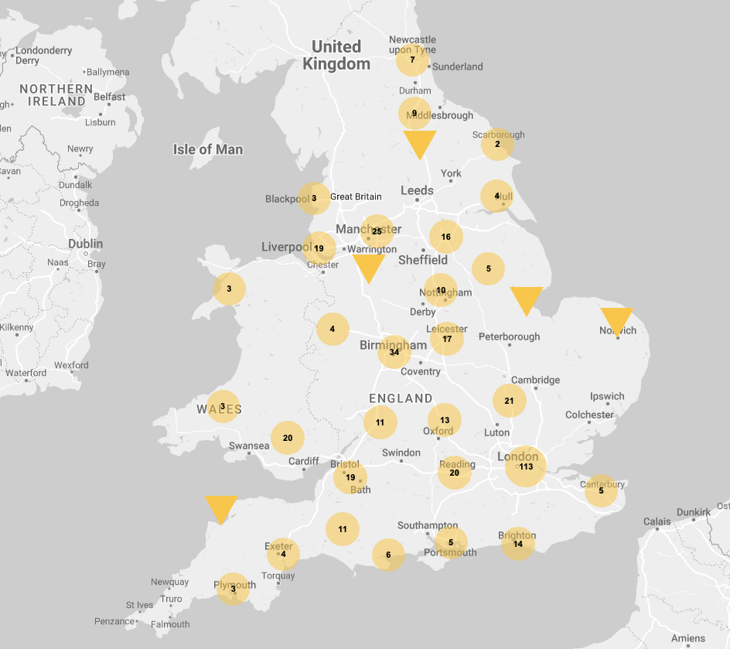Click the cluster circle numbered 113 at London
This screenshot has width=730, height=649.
click(x=526, y=466)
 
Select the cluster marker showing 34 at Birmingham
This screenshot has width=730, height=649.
click(x=394, y=352)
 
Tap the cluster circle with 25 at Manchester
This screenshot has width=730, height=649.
click(x=377, y=231)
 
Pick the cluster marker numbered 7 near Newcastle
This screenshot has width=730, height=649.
click(x=412, y=60)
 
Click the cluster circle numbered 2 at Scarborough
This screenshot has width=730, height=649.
click(x=497, y=144)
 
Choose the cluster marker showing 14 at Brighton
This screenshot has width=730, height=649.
click(x=518, y=544)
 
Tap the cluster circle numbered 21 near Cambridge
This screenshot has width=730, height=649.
click(x=509, y=401)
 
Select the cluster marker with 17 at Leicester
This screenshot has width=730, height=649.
click(x=447, y=339)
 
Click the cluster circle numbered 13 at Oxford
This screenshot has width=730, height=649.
click(x=445, y=420)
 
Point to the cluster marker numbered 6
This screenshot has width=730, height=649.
click(x=388, y=555)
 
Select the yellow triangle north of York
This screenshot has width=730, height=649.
click(x=420, y=143)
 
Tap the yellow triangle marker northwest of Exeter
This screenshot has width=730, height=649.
click(x=221, y=508)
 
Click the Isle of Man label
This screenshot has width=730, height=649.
click(x=207, y=149)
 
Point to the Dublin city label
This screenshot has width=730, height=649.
click(x=85, y=244)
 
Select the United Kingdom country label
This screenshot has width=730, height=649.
click(x=336, y=55)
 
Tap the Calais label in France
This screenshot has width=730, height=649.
click(x=657, y=521)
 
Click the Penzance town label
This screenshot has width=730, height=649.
click(x=114, y=621)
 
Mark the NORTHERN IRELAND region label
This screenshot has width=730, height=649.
click(x=53, y=95)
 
